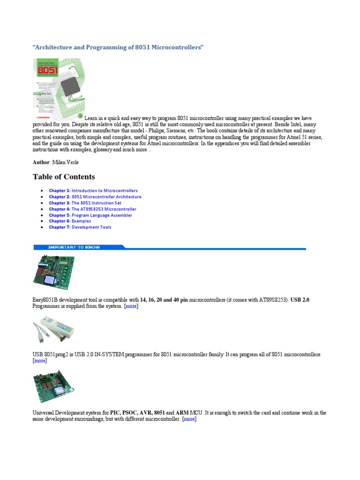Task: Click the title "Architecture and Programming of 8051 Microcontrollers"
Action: pyautogui.click(x=118, y=48)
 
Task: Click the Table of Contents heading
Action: pyautogui.click(x=64, y=177)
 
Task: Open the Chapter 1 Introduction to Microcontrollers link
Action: pyautogui.click(x=93, y=191)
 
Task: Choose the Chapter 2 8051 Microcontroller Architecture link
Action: pyautogui.click(x=95, y=197)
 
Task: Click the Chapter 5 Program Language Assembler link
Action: pyautogui.click(x=90, y=215)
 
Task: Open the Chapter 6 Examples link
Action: pyautogui.click(x=70, y=221)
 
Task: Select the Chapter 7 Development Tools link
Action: pyautogui.click(x=80, y=227)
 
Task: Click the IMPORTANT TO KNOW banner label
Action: pyautogui.click(x=75, y=247)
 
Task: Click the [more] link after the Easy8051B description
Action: pyautogui.click(x=131, y=306)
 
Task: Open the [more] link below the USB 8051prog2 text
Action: pyautogui.click(x=39, y=361)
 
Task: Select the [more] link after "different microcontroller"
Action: pyautogui.click(x=189, y=419)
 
